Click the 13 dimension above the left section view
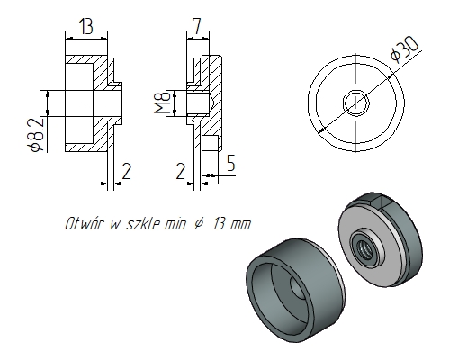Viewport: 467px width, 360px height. [86, 26]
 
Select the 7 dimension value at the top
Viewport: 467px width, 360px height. [196, 26]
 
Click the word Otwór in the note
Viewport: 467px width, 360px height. [83, 223]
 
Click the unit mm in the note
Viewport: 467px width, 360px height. [240, 223]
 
